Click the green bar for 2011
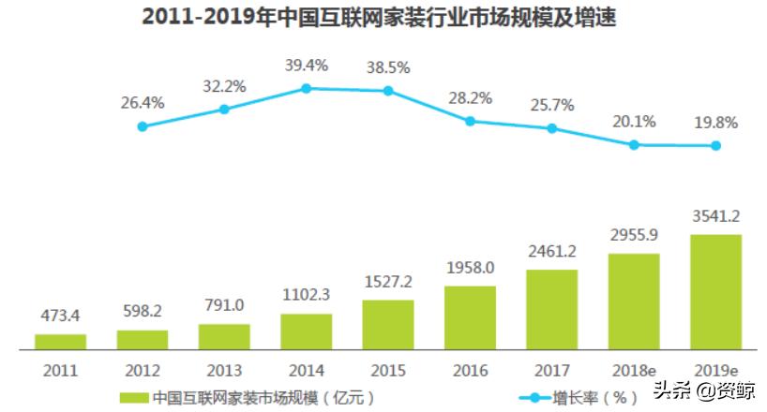click(x=60, y=341)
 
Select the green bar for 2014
click(x=306, y=331)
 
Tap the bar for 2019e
click(x=715, y=291)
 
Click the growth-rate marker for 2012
click(x=143, y=126)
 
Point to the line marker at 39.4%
click(x=306, y=88)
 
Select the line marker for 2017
click(x=552, y=128)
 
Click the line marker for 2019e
click(x=715, y=145)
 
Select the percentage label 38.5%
click(x=387, y=68)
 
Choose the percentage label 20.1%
click(x=634, y=122)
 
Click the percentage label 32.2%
click(x=224, y=86)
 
